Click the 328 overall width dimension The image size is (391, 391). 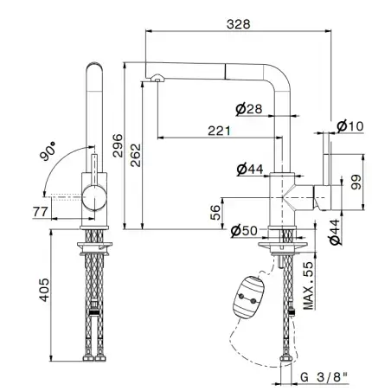(238, 24)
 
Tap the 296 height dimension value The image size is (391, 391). (118, 145)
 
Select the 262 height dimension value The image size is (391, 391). (136, 155)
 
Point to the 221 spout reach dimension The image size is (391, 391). (220, 131)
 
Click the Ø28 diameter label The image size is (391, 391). (249, 109)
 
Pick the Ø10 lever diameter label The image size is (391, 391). (350, 126)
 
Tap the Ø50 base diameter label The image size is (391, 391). (244, 231)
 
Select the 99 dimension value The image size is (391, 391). (356, 182)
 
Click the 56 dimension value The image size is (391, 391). (215, 213)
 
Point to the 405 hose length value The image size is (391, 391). (44, 290)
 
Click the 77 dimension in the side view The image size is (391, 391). (40, 212)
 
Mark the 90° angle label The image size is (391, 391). (48, 151)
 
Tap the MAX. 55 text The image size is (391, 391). (308, 285)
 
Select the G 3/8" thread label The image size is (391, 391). (324, 377)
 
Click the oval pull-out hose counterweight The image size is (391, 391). (249, 298)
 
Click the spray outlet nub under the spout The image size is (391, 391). (157, 77)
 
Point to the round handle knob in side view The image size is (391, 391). (94, 197)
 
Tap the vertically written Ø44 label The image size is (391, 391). (335, 232)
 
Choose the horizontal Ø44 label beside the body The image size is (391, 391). (250, 170)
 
